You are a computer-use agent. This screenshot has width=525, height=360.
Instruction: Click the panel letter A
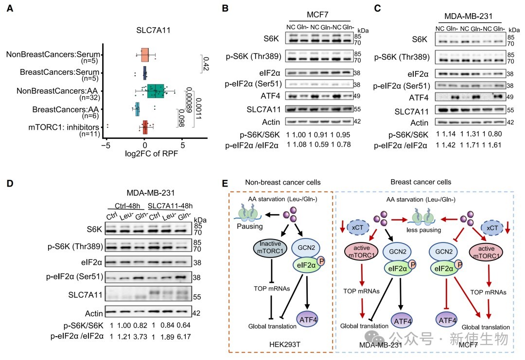(x=10, y=8)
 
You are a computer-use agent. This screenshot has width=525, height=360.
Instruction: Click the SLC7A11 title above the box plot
(x=153, y=30)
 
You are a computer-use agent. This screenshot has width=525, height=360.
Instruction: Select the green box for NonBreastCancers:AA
(x=156, y=91)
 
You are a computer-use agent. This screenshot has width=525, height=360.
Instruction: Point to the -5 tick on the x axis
(x=106, y=145)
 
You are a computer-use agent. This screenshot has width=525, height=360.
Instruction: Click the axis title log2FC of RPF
(x=151, y=154)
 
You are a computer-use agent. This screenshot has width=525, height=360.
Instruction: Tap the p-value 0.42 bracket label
(x=206, y=64)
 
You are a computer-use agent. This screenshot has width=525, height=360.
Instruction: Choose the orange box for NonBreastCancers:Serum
(x=145, y=54)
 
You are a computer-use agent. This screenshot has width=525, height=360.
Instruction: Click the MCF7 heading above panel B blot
(x=317, y=15)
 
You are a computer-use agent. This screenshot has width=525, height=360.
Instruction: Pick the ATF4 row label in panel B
(x=270, y=96)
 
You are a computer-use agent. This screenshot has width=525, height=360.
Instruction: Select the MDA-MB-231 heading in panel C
(x=468, y=16)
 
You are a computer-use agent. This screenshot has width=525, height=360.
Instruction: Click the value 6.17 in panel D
(x=183, y=337)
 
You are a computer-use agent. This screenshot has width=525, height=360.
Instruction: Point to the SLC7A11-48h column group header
(x=170, y=206)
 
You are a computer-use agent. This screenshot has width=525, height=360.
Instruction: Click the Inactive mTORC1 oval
(x=270, y=248)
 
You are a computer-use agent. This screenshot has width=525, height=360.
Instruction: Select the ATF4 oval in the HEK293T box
(x=307, y=320)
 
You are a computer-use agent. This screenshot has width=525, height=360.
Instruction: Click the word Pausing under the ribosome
(x=250, y=226)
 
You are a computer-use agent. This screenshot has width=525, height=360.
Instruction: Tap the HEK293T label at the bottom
(x=284, y=344)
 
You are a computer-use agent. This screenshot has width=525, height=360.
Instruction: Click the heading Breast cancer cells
(x=421, y=182)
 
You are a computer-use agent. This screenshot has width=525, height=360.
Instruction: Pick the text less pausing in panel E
(x=423, y=230)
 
